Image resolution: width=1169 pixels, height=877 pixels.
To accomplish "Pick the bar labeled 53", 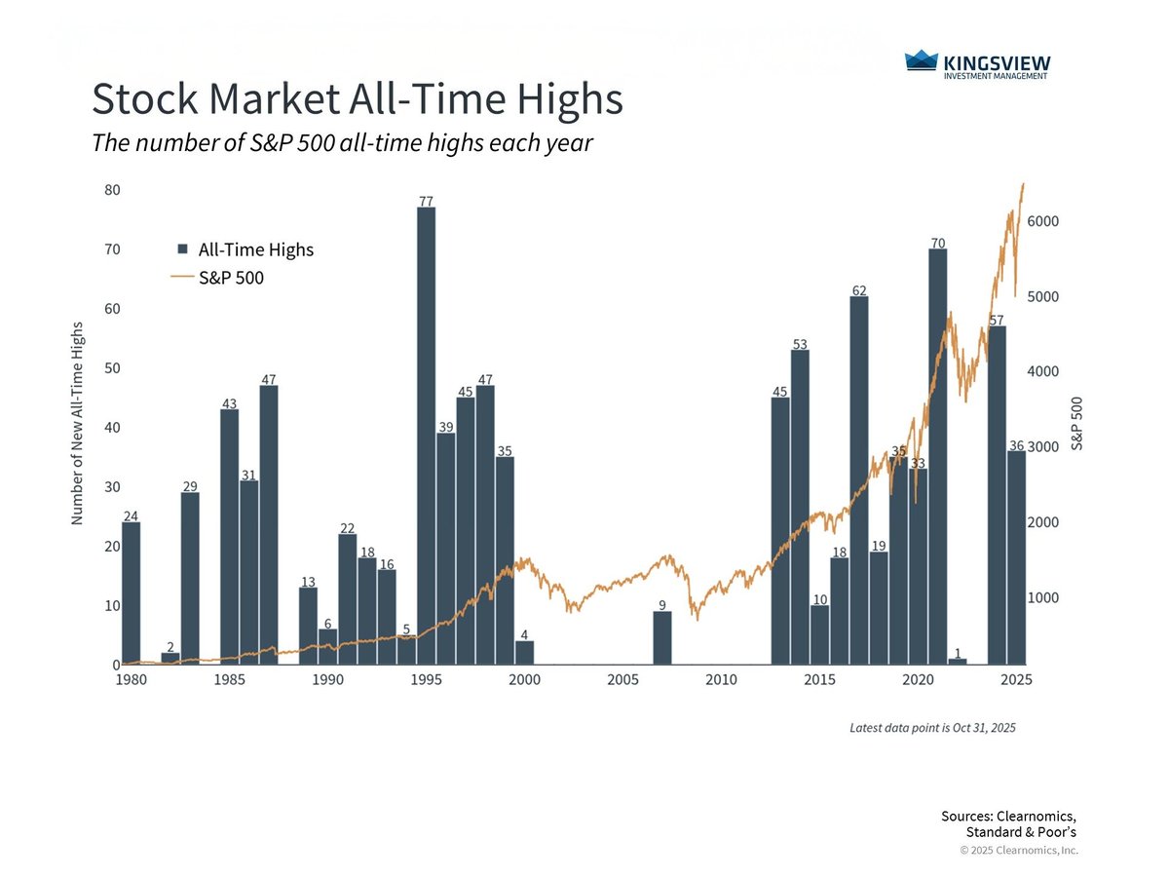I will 800,507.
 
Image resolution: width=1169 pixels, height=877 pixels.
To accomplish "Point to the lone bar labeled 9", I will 661,637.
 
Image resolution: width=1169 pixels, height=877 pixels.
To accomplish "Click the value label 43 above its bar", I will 229,402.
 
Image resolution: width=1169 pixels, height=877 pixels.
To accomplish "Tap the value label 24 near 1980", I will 131,515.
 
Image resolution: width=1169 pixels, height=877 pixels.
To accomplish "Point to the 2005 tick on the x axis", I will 622,680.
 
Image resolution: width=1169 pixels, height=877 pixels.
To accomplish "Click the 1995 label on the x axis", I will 426,680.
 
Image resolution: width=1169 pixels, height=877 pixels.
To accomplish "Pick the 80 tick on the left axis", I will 112,190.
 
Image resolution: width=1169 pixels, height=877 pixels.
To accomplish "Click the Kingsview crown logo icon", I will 921,61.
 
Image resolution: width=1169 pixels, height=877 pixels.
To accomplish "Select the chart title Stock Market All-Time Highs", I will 357,100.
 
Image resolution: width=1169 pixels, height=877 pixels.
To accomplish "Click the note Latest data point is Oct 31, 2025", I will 932,728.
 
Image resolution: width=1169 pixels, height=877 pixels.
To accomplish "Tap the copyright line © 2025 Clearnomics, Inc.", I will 1019,851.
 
